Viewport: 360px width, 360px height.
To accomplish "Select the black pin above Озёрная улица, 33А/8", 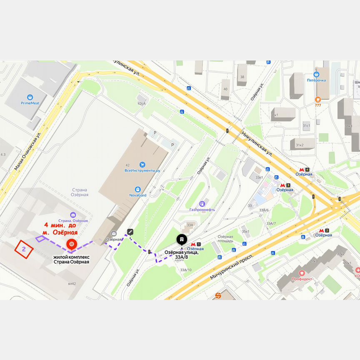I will point(182,239).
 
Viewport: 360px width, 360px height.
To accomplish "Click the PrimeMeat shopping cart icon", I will point(30,97).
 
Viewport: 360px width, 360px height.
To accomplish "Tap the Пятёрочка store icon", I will point(316,73).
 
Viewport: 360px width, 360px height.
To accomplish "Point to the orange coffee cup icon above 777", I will point(318,99).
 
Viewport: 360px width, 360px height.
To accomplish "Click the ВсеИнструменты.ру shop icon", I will point(142,165).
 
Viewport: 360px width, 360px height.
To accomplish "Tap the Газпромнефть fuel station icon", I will point(202,204).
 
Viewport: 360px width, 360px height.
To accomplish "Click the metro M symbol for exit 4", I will point(301,169).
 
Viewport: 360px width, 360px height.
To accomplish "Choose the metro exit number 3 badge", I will point(288,185).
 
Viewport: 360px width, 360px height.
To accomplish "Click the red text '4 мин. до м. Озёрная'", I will point(60,228).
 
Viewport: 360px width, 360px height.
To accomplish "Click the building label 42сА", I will point(142,103).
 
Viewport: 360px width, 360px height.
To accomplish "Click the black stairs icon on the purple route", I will point(130,232).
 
